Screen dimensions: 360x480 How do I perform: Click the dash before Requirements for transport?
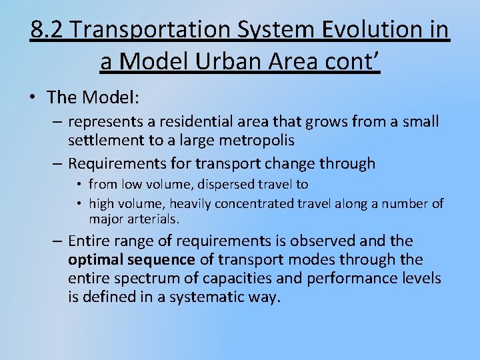pos(58,164)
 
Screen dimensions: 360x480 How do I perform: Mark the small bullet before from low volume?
pos(79,185)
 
